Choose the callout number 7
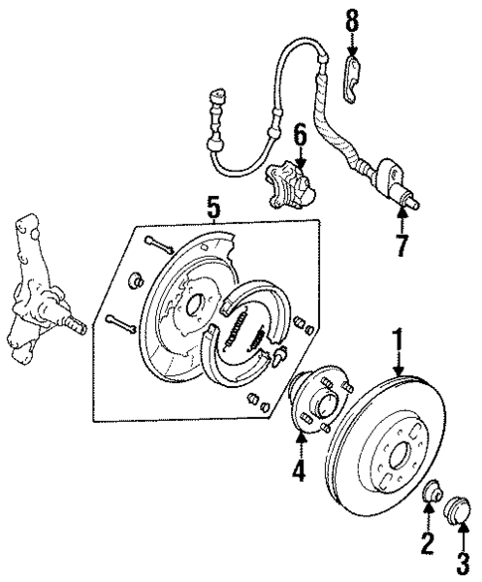(401, 245)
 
